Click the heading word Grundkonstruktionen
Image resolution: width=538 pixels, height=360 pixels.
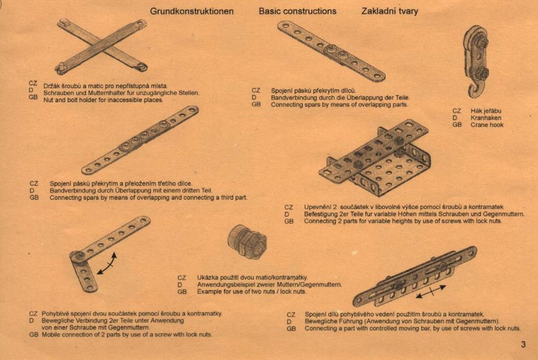(x=192, y=12)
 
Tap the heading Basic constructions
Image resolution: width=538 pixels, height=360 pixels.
(x=297, y=11)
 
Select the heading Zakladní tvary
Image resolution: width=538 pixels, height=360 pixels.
(x=390, y=12)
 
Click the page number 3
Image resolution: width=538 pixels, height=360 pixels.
(x=523, y=344)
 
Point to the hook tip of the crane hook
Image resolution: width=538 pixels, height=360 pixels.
(x=471, y=90)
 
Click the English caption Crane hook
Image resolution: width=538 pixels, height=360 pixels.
(x=487, y=125)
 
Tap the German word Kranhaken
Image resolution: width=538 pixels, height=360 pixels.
(x=486, y=118)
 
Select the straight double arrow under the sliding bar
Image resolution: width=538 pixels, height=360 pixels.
(x=431, y=291)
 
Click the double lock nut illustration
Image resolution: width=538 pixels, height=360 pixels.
(x=247, y=241)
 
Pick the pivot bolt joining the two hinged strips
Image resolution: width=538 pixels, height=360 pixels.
(x=79, y=256)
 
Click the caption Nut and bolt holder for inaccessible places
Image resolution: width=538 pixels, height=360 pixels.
(x=103, y=100)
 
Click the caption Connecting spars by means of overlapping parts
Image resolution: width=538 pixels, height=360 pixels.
(x=339, y=105)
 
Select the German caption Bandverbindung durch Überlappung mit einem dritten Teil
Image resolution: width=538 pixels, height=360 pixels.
(x=131, y=190)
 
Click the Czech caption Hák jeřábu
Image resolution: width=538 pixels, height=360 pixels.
(x=486, y=111)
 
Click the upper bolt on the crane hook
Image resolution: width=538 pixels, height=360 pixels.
(x=481, y=43)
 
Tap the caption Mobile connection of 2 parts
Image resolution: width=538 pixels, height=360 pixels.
(x=126, y=334)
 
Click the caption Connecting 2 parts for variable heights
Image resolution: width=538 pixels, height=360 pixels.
(x=402, y=221)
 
